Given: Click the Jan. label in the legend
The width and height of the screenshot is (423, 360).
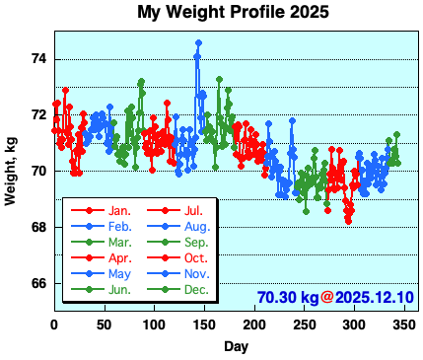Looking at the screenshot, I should click(119, 211).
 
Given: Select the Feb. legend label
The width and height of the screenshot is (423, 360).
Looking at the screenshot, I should click(119, 227).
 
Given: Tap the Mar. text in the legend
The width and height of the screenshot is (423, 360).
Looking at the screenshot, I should click(119, 243).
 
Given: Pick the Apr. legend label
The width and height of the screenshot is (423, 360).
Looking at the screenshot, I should click(119, 258).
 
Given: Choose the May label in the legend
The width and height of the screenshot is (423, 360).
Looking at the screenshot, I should click(119, 274).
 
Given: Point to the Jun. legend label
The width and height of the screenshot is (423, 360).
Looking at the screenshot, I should click(119, 290).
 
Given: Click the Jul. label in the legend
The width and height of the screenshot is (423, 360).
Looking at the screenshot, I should click(193, 211).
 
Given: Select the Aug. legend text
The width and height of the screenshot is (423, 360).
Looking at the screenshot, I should click(195, 227).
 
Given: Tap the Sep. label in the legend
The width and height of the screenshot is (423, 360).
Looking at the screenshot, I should click(195, 243).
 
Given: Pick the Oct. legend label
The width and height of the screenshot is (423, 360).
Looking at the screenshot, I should click(194, 258).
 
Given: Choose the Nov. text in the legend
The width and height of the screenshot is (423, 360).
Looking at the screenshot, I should click(195, 274).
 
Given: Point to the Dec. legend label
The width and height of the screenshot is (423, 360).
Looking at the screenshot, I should click(195, 290).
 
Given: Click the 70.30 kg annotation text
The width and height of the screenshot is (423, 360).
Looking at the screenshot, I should click(287, 297).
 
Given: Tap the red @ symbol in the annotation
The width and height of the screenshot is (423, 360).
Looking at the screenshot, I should click(327, 297).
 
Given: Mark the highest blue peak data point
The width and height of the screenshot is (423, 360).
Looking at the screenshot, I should click(198, 42).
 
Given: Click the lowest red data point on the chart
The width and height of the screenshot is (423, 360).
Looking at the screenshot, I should click(348, 221).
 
